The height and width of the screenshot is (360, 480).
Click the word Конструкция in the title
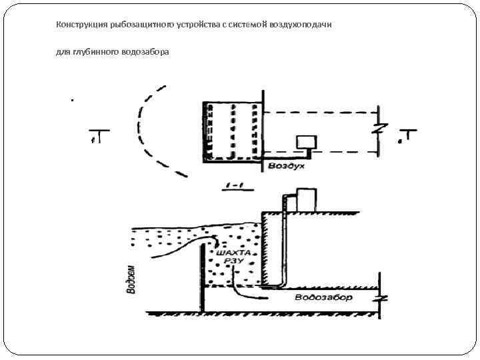tap(77, 24)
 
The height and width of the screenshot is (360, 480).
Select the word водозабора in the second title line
tap(147, 52)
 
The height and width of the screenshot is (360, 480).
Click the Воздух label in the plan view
tap(287, 165)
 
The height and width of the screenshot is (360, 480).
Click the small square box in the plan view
tap(307, 141)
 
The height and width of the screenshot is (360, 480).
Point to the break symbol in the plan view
tap(378, 128)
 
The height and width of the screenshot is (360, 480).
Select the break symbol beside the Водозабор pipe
tap(379, 298)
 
